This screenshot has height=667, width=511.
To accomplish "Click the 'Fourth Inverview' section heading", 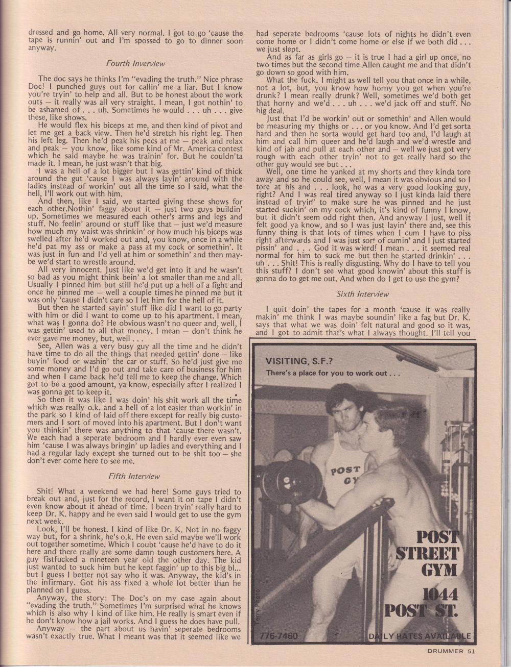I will click(135, 64).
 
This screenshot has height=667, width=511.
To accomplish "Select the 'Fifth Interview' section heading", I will click(135, 476).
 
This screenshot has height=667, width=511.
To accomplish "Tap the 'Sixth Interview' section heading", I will click(363, 294).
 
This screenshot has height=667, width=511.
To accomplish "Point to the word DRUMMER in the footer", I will click(446, 650).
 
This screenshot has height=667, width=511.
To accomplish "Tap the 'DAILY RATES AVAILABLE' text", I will click(419, 636).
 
